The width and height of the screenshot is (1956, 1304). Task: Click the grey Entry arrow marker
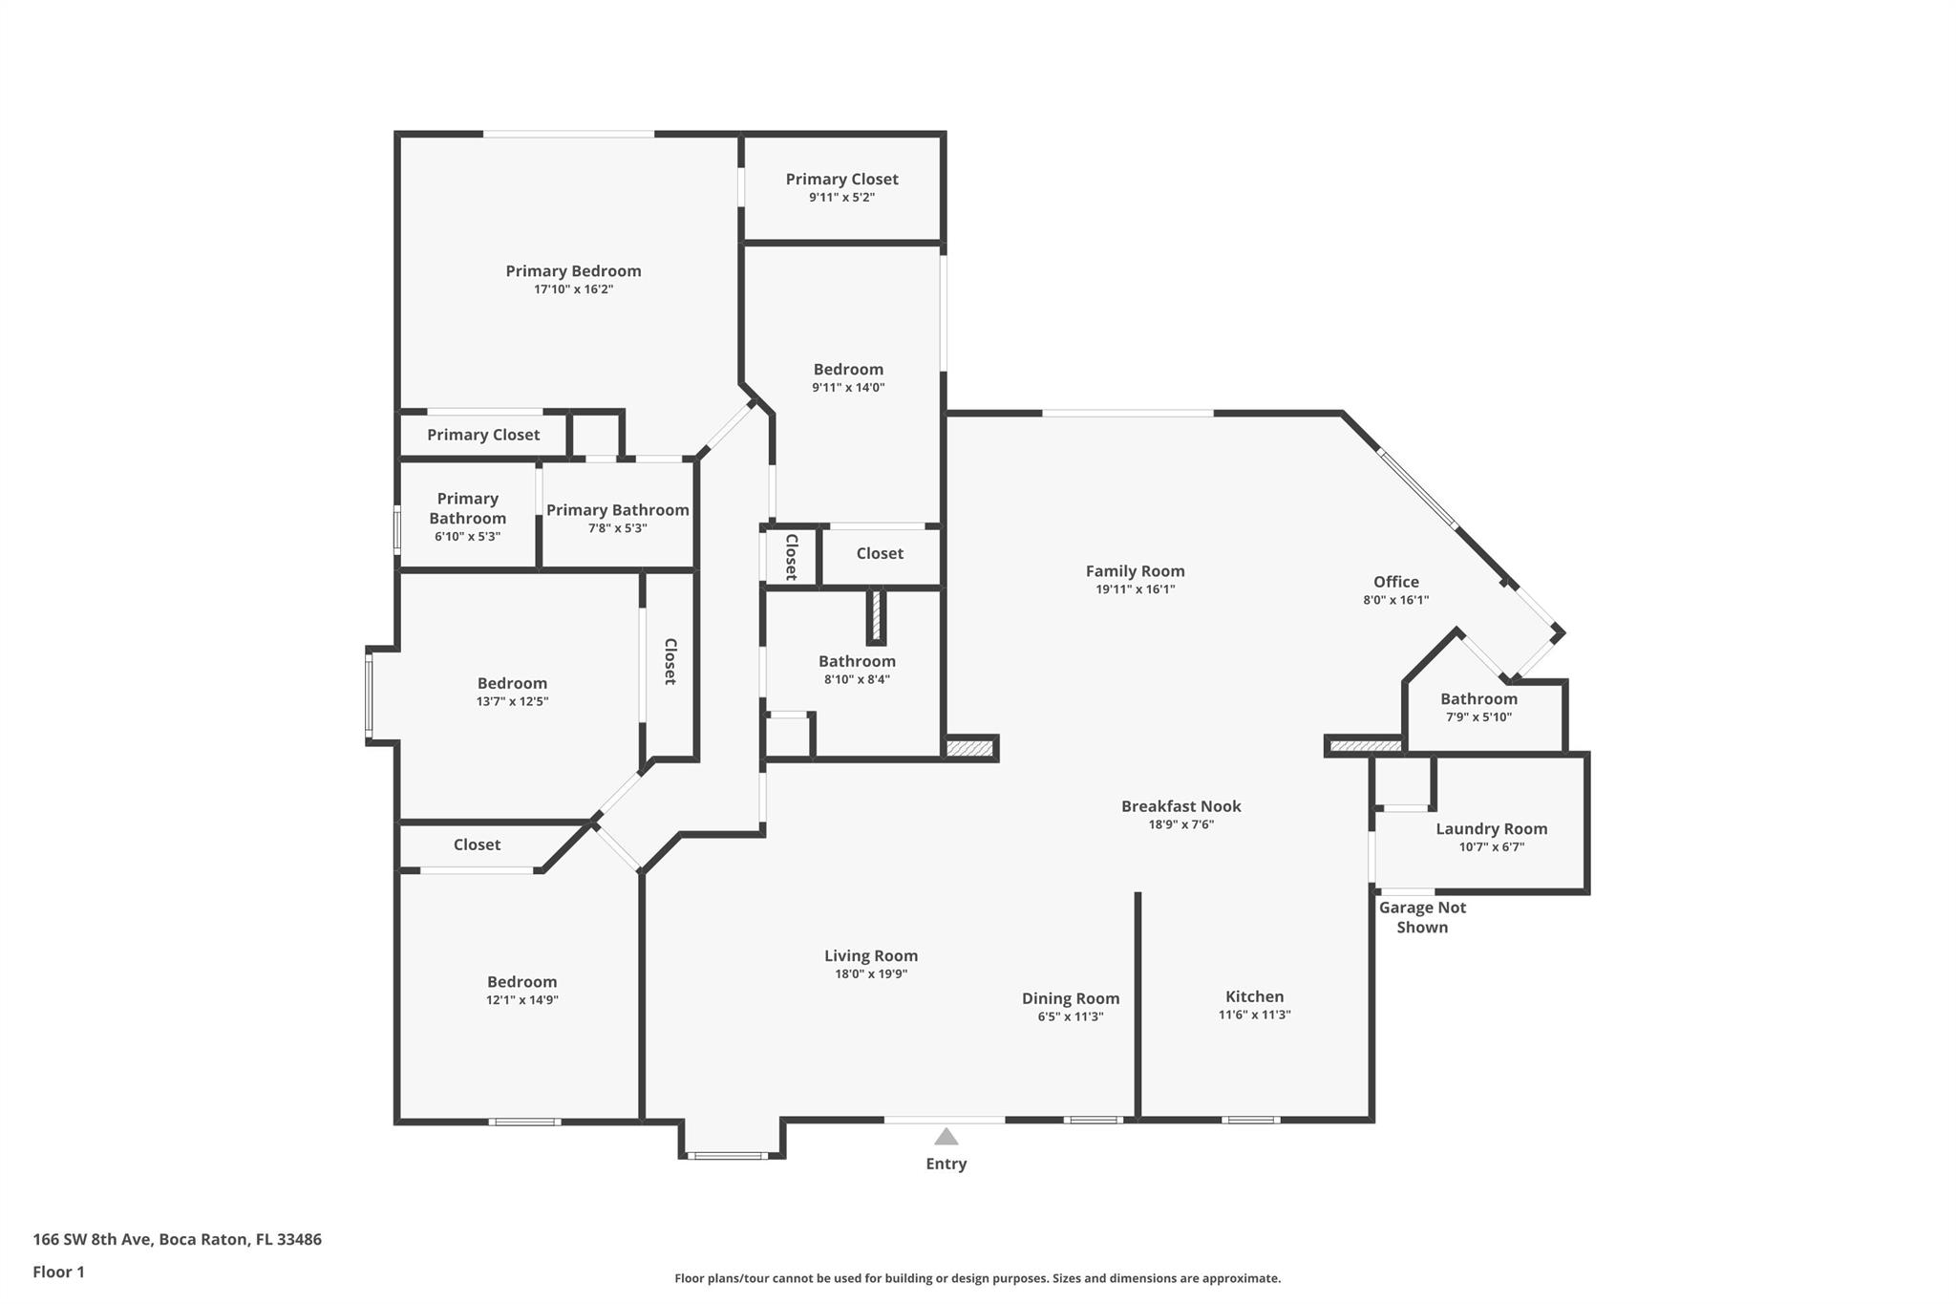coord(946,1136)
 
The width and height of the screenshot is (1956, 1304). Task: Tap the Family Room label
coord(1135,571)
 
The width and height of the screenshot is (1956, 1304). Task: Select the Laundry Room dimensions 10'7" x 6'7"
coord(1492,846)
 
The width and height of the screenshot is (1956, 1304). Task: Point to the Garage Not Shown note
coord(1422,917)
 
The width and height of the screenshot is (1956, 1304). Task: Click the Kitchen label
coord(1255,996)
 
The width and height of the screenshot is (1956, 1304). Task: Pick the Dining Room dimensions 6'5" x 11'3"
coord(1071,1016)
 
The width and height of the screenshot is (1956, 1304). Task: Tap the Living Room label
coord(871,955)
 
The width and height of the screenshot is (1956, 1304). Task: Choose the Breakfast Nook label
coord(1181,806)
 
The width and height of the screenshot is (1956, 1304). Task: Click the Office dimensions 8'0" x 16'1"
coord(1396,600)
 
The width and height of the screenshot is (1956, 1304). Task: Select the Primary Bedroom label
coord(573,271)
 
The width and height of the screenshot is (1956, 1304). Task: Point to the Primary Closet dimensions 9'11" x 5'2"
coord(841,197)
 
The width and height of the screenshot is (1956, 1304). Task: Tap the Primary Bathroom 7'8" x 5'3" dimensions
coord(618,527)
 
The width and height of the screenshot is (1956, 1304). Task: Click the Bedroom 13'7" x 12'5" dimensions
coord(513,701)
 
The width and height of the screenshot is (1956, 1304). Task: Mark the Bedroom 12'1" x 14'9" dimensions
coord(521,1000)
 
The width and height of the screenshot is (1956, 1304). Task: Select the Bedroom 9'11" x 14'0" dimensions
coord(848,387)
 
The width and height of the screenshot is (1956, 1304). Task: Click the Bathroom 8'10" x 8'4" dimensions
coord(857,679)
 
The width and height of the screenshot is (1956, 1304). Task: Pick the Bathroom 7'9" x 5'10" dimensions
coord(1478,716)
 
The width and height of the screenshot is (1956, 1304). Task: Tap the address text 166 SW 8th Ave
coord(92,1239)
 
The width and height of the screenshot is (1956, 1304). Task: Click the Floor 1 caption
coord(59,1272)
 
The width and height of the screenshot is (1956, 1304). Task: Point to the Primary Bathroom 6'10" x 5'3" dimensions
coord(467,536)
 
